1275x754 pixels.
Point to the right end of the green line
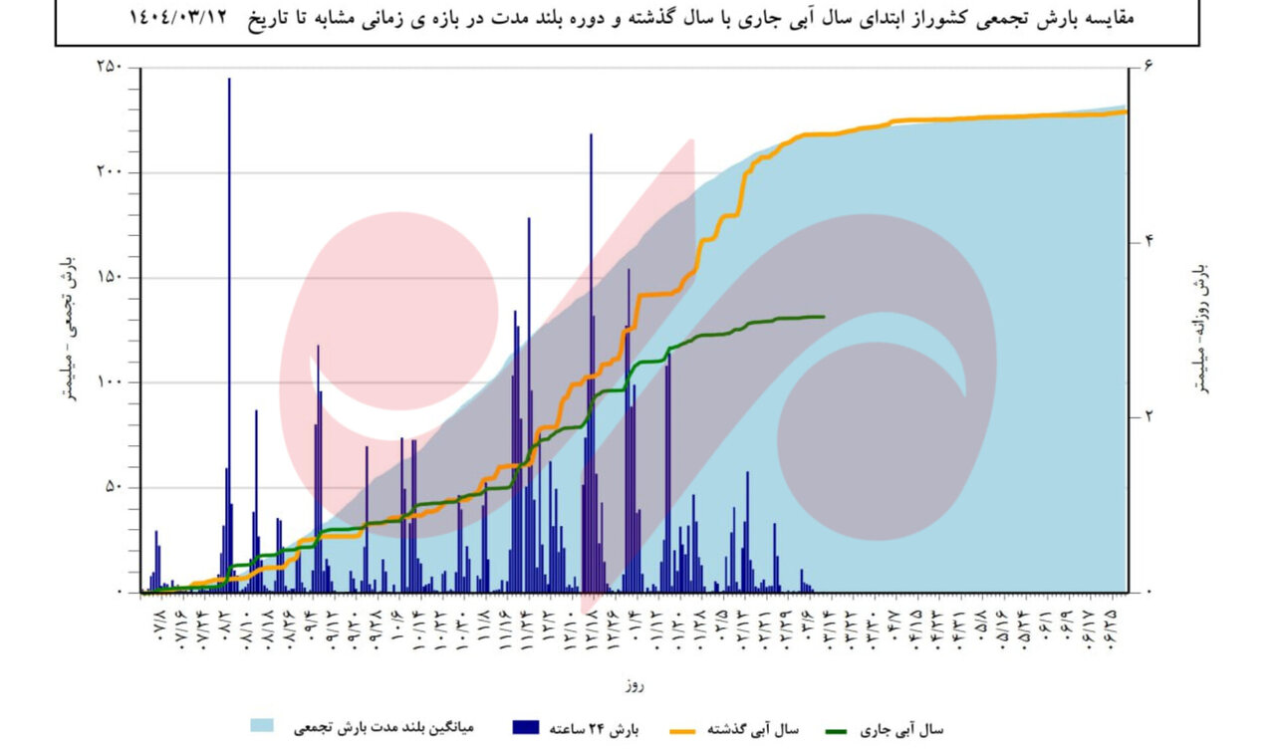click(x=824, y=317)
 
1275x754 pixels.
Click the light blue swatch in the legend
click(x=262, y=726)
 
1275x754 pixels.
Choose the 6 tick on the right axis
click(x=1147, y=67)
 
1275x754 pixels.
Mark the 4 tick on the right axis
click(x=1147, y=241)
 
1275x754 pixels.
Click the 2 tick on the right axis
click(x=1147, y=416)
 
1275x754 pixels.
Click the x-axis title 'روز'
click(x=637, y=686)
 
